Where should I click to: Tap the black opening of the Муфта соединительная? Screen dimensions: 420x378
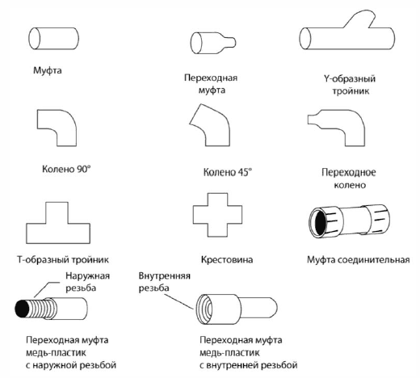coord(320,223)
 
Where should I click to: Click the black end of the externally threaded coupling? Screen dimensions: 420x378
coord(22,309)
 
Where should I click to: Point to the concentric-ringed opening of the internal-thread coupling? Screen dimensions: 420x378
coord(204,309)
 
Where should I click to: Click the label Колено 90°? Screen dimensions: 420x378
coord(66,169)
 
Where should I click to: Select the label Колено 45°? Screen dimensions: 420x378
coord(228,172)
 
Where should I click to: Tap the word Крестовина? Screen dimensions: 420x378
coord(227,260)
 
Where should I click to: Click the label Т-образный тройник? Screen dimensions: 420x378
coord(63,260)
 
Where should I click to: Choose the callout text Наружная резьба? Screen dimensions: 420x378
coord(87,282)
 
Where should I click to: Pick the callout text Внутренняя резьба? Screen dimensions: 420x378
coord(164,282)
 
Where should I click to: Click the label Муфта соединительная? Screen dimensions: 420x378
coord(359,260)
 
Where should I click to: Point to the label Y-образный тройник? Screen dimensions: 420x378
coord(350,85)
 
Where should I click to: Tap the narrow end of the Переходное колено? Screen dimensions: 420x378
coord(309,120)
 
